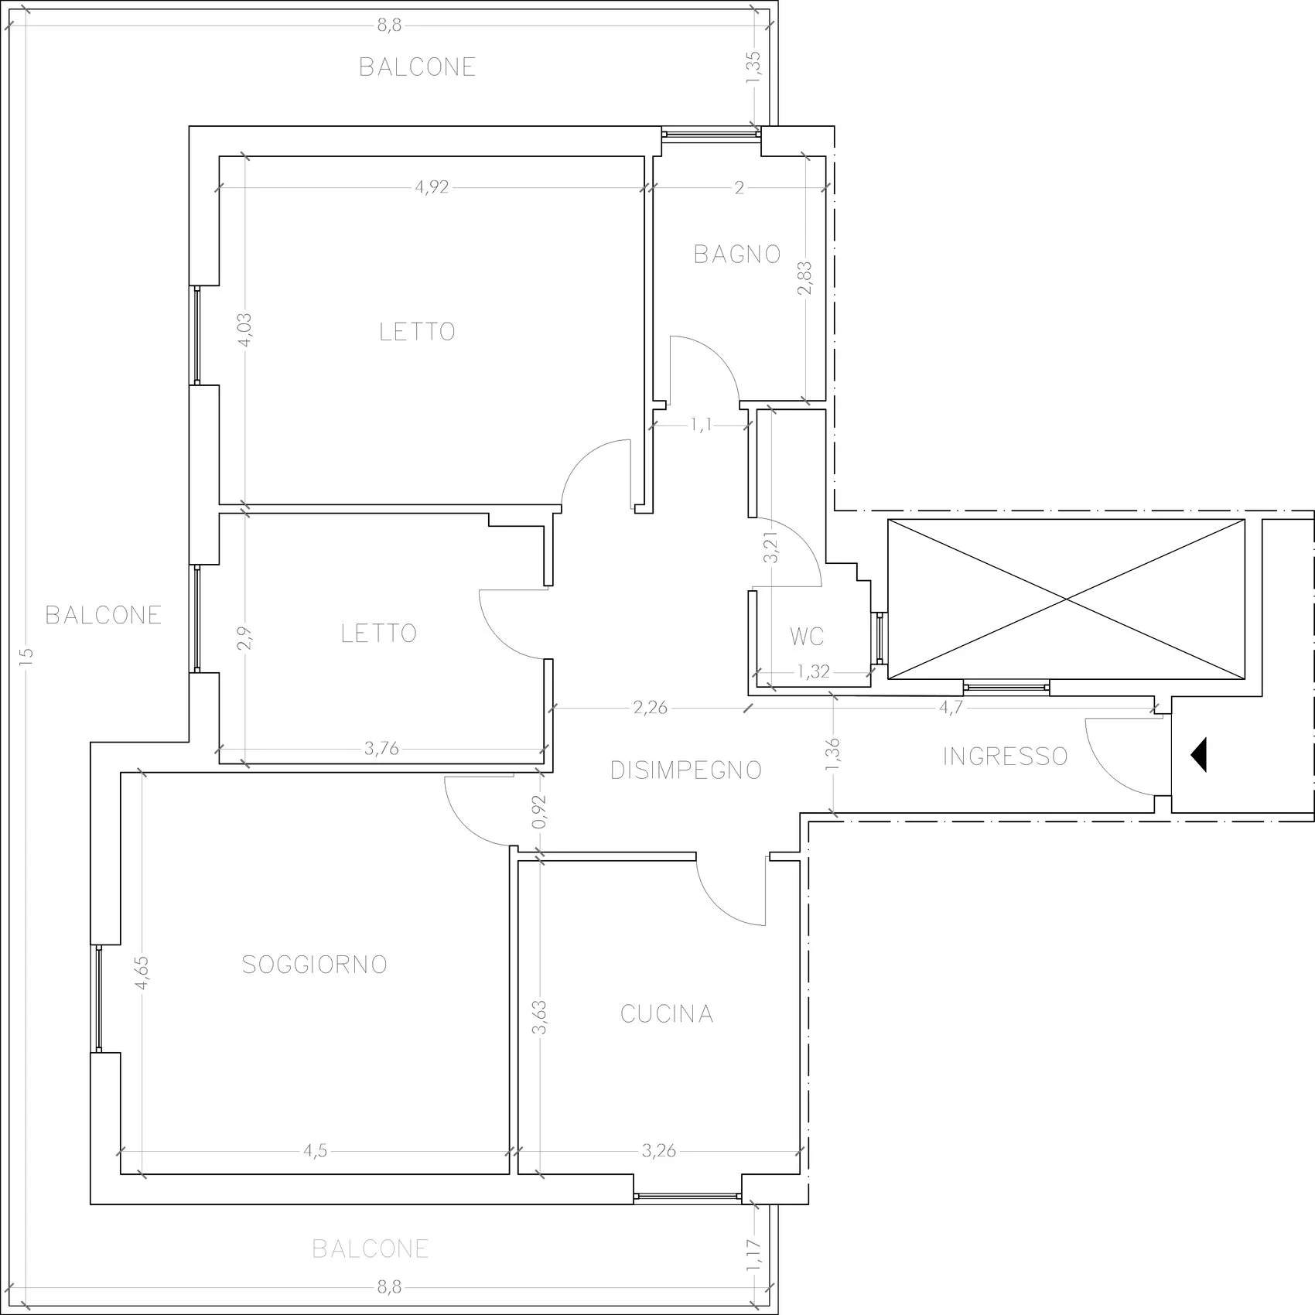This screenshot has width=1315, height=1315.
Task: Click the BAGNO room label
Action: (x=737, y=254)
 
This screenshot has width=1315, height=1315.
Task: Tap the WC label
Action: (x=807, y=637)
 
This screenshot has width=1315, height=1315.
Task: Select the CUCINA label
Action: (x=667, y=1014)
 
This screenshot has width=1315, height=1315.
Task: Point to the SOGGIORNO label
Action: (x=315, y=965)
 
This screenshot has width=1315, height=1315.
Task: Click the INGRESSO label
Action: (x=1006, y=756)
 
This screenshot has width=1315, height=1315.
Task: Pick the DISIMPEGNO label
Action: (x=686, y=770)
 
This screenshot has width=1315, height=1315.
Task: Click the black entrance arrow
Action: (x=1199, y=755)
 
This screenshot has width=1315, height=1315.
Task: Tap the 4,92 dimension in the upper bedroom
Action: (x=432, y=187)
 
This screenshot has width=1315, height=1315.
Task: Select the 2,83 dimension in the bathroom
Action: (x=805, y=278)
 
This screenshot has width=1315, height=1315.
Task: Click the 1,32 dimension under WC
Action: (x=814, y=671)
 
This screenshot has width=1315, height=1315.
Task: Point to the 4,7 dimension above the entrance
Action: (x=951, y=708)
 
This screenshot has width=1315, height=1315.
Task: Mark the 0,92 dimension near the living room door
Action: (x=540, y=812)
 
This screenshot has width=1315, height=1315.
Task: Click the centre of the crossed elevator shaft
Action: (x=1067, y=599)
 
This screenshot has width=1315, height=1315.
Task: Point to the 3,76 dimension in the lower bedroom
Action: (x=381, y=748)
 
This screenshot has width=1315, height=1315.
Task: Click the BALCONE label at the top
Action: (x=417, y=67)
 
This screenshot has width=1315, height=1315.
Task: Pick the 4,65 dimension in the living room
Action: (x=142, y=973)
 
